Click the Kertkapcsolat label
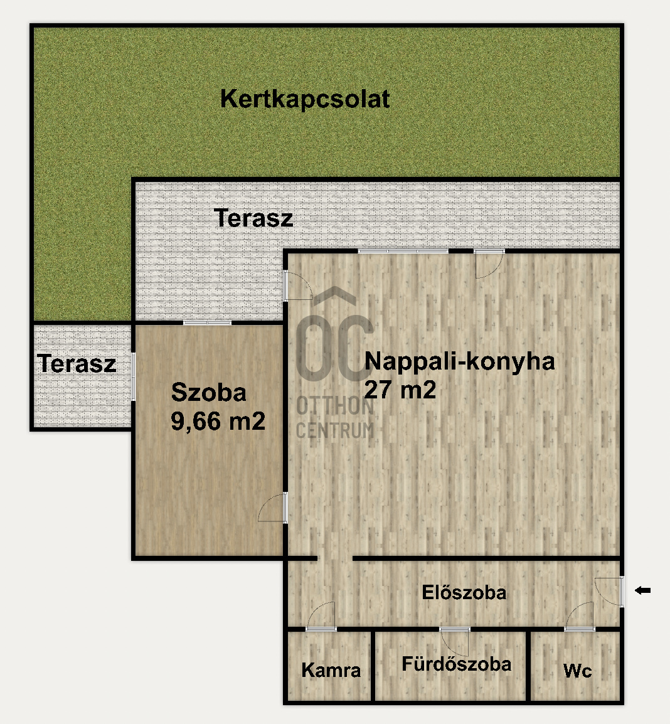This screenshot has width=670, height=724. pyautogui.click(x=305, y=99)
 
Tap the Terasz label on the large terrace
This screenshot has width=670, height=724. pyautogui.click(x=253, y=218)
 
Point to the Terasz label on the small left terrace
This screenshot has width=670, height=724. pyautogui.click(x=77, y=363)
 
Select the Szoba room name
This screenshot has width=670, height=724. pyautogui.click(x=209, y=393)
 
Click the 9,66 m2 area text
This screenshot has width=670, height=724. pyautogui.click(x=218, y=421)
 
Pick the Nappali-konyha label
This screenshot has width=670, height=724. pyautogui.click(x=459, y=361)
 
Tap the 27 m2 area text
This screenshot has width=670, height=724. pyautogui.click(x=400, y=390)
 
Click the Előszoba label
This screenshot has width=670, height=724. pyautogui.click(x=464, y=592)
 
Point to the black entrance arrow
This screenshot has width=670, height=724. pyautogui.click(x=643, y=590)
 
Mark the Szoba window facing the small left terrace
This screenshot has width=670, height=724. pyautogui.click(x=133, y=376)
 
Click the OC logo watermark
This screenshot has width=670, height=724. pyautogui.click(x=334, y=335)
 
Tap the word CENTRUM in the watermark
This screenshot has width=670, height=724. pyautogui.click(x=335, y=431)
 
